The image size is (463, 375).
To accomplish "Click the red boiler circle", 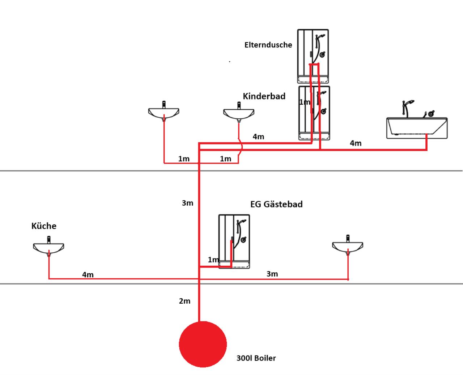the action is click(x=203, y=344).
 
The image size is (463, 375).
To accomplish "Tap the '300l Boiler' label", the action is click(x=256, y=358).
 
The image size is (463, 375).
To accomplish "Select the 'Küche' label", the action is click(x=44, y=226).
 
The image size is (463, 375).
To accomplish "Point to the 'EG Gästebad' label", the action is click(x=276, y=204).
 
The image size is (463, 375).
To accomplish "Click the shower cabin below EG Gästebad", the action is click(x=234, y=241).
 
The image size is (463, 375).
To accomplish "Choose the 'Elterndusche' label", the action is click(x=268, y=45).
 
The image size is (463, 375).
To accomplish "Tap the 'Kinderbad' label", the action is click(x=264, y=96).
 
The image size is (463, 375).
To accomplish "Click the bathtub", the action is click(x=417, y=128).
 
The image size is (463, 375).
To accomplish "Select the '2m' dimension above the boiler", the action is click(x=184, y=301).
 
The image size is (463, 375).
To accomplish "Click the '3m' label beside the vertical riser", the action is click(x=187, y=203).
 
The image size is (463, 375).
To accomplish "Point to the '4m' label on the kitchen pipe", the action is click(x=88, y=275).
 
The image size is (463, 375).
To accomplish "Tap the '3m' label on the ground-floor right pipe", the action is click(x=272, y=274).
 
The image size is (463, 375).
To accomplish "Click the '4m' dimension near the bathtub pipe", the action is click(x=356, y=143).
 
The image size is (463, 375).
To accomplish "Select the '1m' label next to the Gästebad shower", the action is click(x=213, y=260).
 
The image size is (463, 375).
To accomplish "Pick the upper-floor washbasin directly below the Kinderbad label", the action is click(x=239, y=112).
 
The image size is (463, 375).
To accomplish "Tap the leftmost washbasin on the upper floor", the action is click(x=164, y=111).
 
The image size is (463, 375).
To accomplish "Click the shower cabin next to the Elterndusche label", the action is click(x=313, y=56).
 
